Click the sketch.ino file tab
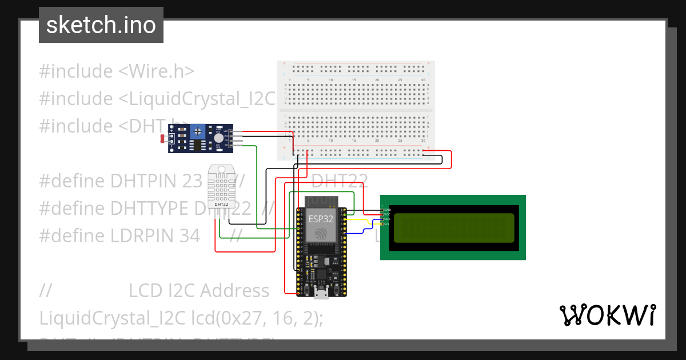[101, 25]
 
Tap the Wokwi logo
[607, 315]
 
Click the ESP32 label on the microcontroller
[321, 218]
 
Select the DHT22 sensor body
[221, 186]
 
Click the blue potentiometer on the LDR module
[198, 131]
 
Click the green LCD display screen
[453, 227]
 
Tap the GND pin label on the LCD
[386, 210]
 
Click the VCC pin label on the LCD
[386, 214]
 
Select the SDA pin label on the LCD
[386, 219]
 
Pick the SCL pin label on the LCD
[386, 223]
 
